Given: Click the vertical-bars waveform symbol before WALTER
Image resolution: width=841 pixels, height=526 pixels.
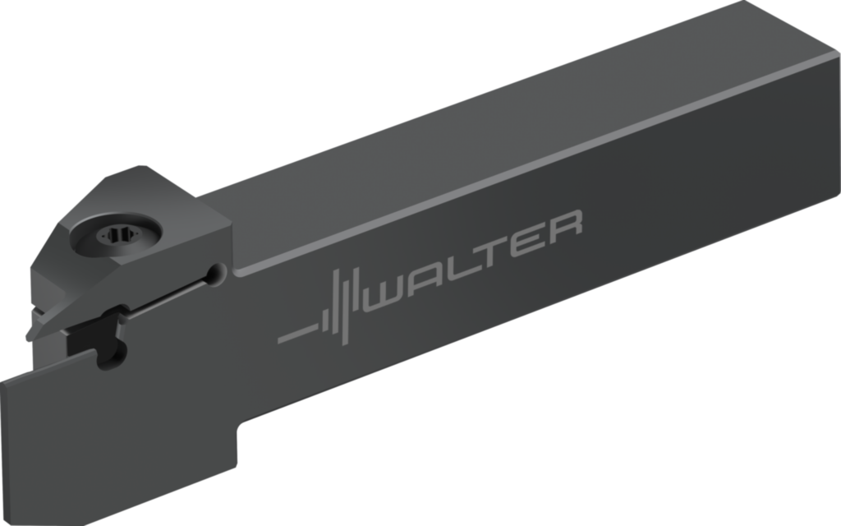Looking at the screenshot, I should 340,303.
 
